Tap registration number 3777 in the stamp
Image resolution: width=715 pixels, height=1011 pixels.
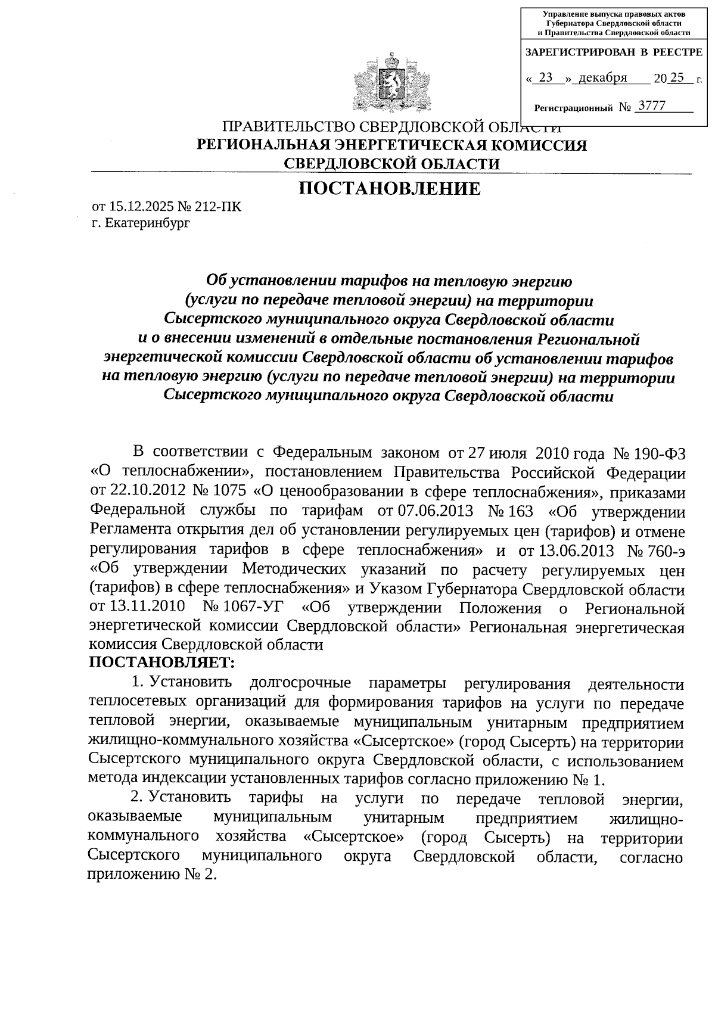tap(651, 106)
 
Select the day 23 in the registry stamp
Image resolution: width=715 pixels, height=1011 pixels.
tap(545, 77)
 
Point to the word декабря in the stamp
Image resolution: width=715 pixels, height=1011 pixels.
tap(602, 77)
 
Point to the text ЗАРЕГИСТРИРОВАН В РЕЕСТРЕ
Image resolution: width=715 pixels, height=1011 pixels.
tap(613, 52)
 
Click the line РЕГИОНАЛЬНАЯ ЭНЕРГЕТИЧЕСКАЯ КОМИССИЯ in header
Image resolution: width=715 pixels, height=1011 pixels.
tap(391, 145)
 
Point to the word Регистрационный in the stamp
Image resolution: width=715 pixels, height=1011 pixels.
tap(573, 108)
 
